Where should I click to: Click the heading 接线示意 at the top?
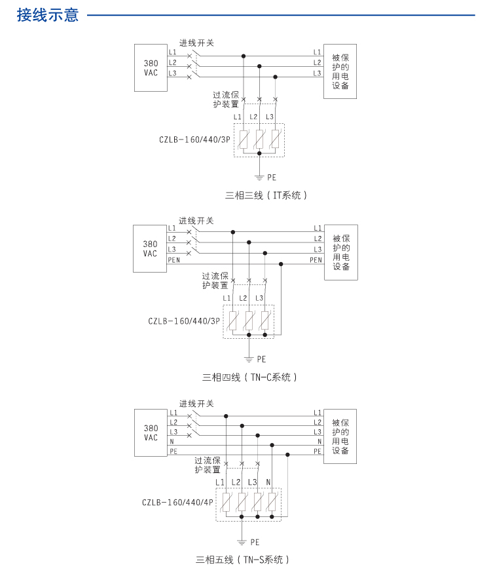pyautogui.click(x=48, y=14)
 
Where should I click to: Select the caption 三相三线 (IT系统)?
pyautogui.click(x=266, y=195)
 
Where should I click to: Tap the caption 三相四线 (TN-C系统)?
pyautogui.click(x=250, y=377)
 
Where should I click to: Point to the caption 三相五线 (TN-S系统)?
pyautogui.click(x=242, y=560)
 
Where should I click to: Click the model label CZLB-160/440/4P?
pyautogui.click(x=177, y=503)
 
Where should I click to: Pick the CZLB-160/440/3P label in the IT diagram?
pyautogui.click(x=194, y=139)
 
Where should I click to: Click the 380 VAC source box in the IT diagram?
pyautogui.click(x=151, y=68)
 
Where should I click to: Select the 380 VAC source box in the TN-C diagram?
pyautogui.click(x=150, y=249)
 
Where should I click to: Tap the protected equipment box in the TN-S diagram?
pyautogui.click(x=340, y=436)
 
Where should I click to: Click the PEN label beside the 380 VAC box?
pyautogui.click(x=173, y=260)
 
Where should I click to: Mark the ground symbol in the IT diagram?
pyautogui.click(x=259, y=176)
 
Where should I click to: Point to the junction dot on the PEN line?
pyautogui.click(x=281, y=264)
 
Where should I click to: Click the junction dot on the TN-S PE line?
pyautogui.click(x=287, y=454)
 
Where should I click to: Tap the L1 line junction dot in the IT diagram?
pyautogui.click(x=244, y=56)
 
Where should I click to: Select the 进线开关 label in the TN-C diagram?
pyautogui.click(x=196, y=221)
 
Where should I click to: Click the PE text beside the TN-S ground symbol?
pyautogui.click(x=255, y=542)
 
